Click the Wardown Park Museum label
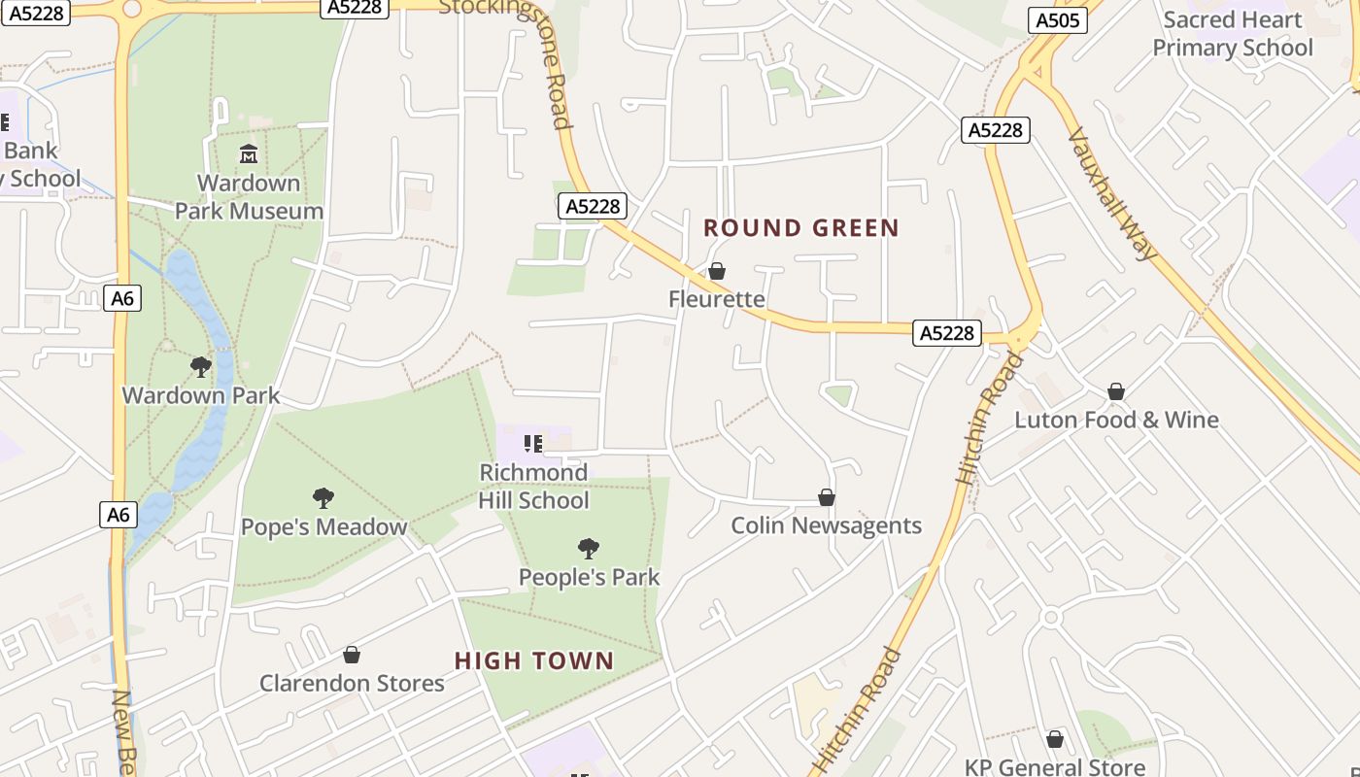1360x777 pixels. click(249, 197)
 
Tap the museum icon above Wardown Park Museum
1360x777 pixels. click(248, 154)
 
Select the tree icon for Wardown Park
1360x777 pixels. click(201, 366)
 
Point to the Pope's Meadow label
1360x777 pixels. click(323, 527)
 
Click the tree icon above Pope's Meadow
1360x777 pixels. click(323, 498)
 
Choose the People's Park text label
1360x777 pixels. click(589, 577)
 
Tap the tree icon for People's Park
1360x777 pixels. click(588, 549)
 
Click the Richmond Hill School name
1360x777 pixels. click(533, 487)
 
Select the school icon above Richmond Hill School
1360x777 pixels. click(533, 444)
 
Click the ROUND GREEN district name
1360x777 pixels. click(801, 228)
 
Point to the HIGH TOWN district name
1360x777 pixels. click(534, 661)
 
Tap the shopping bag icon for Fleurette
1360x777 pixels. click(717, 271)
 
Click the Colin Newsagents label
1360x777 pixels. click(826, 525)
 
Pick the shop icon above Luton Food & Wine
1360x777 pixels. click(1116, 391)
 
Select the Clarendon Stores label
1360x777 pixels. click(352, 683)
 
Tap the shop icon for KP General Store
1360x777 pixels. click(1055, 739)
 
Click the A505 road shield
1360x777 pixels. click(1056, 20)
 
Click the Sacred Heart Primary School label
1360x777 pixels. click(1233, 34)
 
